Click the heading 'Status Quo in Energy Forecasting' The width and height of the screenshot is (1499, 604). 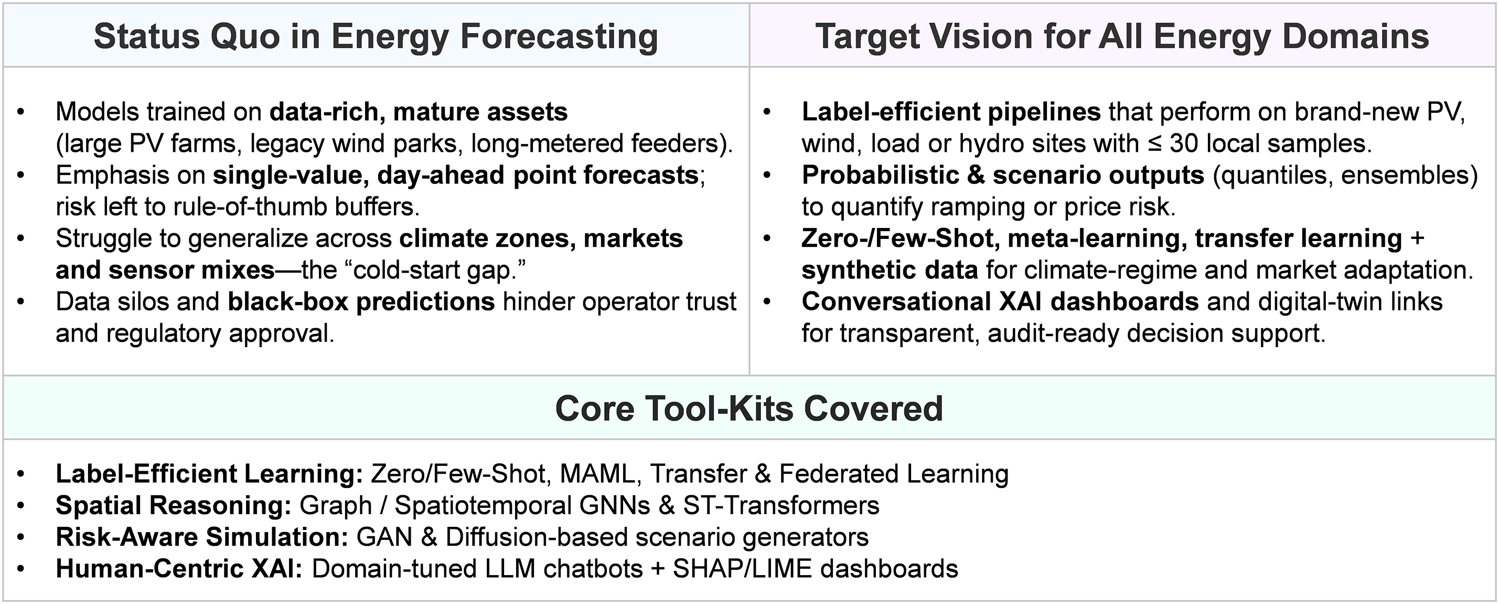tap(376, 36)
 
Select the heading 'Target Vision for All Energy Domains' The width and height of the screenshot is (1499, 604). tap(1122, 36)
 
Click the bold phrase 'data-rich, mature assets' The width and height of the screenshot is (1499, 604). tap(419, 111)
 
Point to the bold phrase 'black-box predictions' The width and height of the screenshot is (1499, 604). tap(361, 301)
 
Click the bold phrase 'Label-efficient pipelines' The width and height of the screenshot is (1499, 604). tap(951, 111)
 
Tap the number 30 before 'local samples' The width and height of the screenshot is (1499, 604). tap(1184, 143)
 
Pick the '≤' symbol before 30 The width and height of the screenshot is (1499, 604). tap(1154, 144)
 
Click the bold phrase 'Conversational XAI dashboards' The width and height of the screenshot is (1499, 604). tap(1000, 301)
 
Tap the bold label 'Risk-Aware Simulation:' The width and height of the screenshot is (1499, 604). tap(202, 537)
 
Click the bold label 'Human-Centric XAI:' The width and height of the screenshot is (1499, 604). tap(179, 568)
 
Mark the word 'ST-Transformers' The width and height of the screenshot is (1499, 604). tap(781, 505)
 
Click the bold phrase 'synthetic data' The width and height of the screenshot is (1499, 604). tap(890, 269)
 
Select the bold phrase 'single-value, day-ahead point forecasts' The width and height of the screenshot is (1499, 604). tap(456, 175)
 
